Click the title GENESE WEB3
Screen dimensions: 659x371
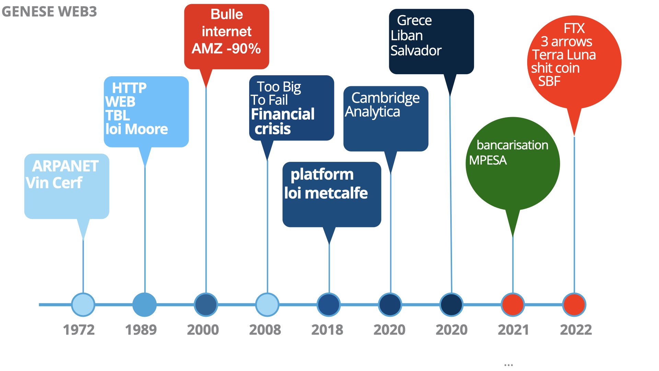point(49,12)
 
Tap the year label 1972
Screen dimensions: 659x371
point(79,330)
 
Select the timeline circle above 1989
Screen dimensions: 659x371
point(144,305)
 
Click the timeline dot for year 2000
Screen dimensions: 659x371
point(206,305)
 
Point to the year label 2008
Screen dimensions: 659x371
point(265,330)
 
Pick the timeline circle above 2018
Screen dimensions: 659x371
point(329,305)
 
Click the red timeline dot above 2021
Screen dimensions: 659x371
point(513,305)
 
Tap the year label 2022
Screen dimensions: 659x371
point(576,330)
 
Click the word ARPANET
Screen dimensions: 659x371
point(66,166)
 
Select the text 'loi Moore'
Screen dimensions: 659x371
point(137,129)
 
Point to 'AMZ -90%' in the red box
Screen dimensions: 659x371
point(226,48)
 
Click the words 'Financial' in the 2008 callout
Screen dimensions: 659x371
point(283,114)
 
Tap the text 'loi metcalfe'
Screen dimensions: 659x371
point(326,193)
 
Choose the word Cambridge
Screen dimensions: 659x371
point(385,98)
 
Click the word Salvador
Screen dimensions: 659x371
point(416,51)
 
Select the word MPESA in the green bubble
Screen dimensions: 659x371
point(488,160)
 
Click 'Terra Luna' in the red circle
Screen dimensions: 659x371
point(564,55)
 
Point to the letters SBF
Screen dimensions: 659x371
point(549,81)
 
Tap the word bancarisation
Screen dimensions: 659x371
point(512,145)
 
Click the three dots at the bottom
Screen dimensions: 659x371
point(509,365)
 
